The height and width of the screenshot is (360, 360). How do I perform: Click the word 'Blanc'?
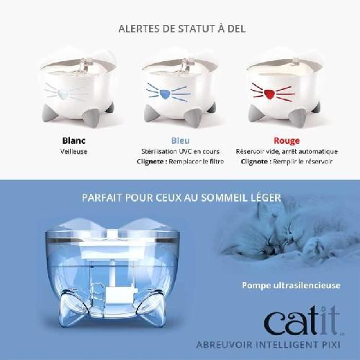click(74, 141)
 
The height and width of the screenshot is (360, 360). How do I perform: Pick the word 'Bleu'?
click(180, 141)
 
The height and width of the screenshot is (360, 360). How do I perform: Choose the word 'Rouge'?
click(287, 141)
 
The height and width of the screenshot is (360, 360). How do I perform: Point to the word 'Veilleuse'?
click(74, 152)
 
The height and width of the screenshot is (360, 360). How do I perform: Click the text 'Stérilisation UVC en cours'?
click(180, 152)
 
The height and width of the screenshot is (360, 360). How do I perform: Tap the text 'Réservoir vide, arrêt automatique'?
click(287, 152)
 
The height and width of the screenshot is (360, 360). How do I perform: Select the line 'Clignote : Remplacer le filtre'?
click(180, 162)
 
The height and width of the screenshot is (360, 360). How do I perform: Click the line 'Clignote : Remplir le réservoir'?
click(287, 162)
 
